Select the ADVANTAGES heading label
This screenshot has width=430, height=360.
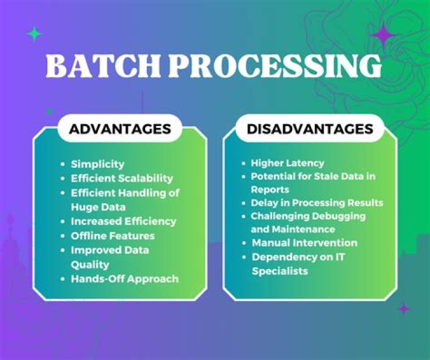coord(120,129)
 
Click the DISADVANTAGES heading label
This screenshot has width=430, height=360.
coord(310,129)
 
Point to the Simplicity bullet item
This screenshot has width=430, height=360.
coord(97,164)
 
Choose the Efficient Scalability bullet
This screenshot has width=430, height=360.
coord(122,178)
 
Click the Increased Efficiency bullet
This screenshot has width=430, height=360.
coord(124,221)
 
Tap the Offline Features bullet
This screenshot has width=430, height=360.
coord(113,235)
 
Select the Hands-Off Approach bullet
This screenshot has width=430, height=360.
coord(124,278)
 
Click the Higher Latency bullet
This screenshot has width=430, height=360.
coord(287,163)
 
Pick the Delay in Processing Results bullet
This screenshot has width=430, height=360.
coord(317,202)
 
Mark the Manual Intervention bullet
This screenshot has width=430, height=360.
coord(305,242)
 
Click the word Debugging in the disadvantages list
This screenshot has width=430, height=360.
coord(339,216)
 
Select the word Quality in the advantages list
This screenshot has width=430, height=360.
coord(90,264)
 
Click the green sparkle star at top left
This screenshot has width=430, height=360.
coord(35,34)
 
